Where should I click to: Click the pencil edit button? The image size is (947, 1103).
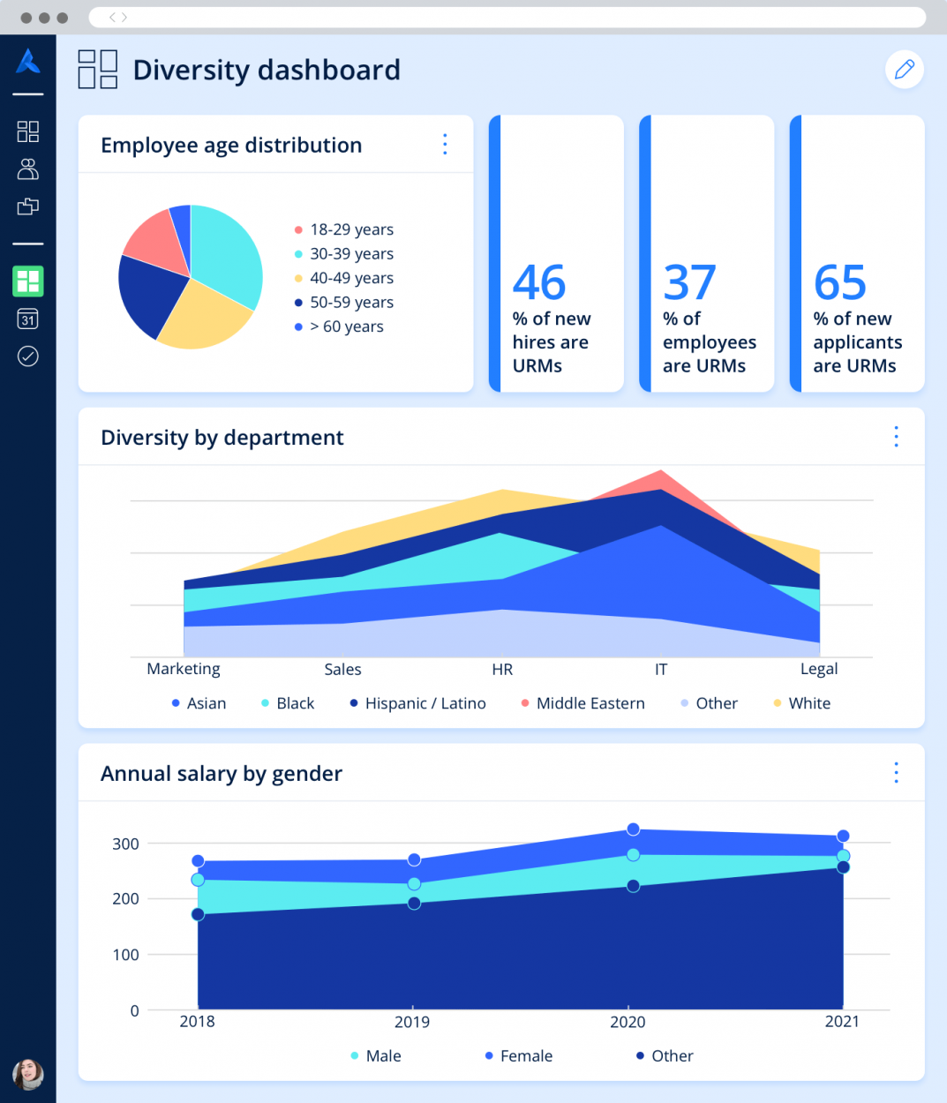(x=904, y=70)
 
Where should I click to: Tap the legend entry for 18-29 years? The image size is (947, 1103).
(x=350, y=229)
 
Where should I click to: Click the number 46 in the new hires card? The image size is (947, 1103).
(x=539, y=283)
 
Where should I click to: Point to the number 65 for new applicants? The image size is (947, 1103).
(x=839, y=283)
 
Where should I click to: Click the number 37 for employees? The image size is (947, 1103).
(x=689, y=283)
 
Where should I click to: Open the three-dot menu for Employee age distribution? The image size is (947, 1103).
(x=445, y=145)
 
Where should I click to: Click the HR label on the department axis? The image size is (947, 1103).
(x=502, y=670)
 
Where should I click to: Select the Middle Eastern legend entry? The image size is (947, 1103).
(x=590, y=703)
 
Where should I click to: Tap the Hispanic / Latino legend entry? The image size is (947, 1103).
(x=425, y=703)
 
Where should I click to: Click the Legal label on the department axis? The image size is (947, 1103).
(x=819, y=670)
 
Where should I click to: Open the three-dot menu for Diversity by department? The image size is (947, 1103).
(x=896, y=437)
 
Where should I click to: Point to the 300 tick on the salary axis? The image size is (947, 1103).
(x=125, y=844)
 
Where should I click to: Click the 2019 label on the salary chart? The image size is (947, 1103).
(x=412, y=1022)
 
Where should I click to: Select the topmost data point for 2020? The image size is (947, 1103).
(x=633, y=829)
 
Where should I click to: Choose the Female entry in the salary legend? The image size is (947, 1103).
(x=525, y=1056)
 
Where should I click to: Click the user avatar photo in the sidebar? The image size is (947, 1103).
(x=28, y=1074)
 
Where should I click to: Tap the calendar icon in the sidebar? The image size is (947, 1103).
(x=28, y=319)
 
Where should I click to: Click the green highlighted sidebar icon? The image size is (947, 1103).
(x=28, y=281)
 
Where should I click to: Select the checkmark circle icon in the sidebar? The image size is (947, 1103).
(x=28, y=356)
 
